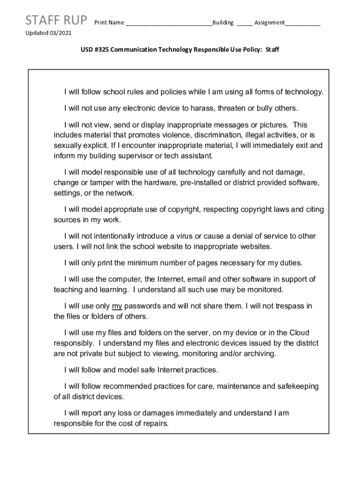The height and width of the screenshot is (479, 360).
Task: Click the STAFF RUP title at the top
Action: point(56,21)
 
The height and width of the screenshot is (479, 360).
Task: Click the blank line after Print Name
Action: point(168,23)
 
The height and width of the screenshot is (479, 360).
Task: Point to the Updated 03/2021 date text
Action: point(48,34)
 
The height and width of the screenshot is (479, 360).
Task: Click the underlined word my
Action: point(117,306)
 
